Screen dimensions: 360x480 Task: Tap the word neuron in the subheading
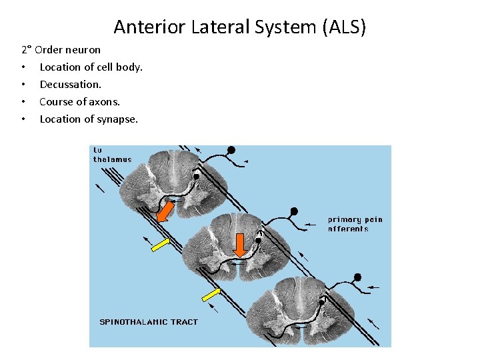[x=84, y=49]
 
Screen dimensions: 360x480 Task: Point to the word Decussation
[x=71, y=84]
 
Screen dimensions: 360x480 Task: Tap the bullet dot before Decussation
[x=24, y=84]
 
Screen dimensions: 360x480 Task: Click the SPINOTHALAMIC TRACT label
[x=149, y=322]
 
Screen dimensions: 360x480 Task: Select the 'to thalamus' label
[x=113, y=155]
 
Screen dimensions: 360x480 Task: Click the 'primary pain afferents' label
[x=355, y=224]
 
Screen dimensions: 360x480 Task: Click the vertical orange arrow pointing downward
[x=241, y=245]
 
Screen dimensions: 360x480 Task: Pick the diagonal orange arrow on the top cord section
[x=165, y=211]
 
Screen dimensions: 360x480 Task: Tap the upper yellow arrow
[x=161, y=245]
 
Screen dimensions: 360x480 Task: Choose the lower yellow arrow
[x=211, y=294]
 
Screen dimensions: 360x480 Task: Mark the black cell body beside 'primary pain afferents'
[x=293, y=211]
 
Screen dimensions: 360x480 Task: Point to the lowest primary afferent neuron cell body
[x=358, y=277]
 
